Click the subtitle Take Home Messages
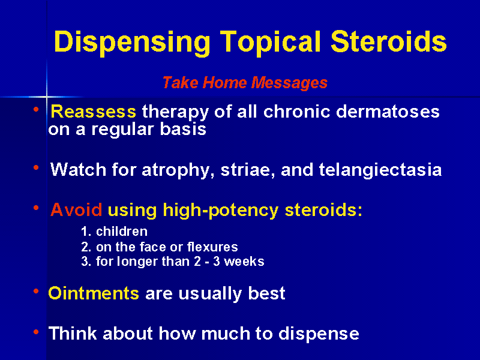tap(245, 83)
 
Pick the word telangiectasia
tap(380, 170)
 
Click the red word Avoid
tap(76, 210)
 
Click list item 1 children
tap(114, 232)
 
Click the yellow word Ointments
tap(94, 293)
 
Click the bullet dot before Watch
tap(36, 167)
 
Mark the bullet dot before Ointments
tap(36, 292)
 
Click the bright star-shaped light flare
tap(46, 96)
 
